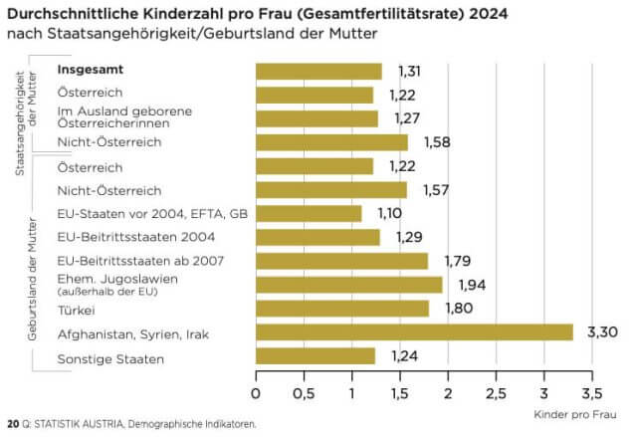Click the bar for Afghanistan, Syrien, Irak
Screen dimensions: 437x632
[x=414, y=331]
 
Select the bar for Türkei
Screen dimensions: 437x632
[x=342, y=308]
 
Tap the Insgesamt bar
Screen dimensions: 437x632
[x=318, y=71]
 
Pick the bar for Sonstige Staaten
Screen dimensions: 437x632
[x=316, y=355]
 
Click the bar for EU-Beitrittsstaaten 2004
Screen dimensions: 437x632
[x=317, y=237]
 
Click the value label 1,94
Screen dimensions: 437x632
[x=474, y=285]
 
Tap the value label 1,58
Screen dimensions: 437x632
[x=439, y=142]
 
